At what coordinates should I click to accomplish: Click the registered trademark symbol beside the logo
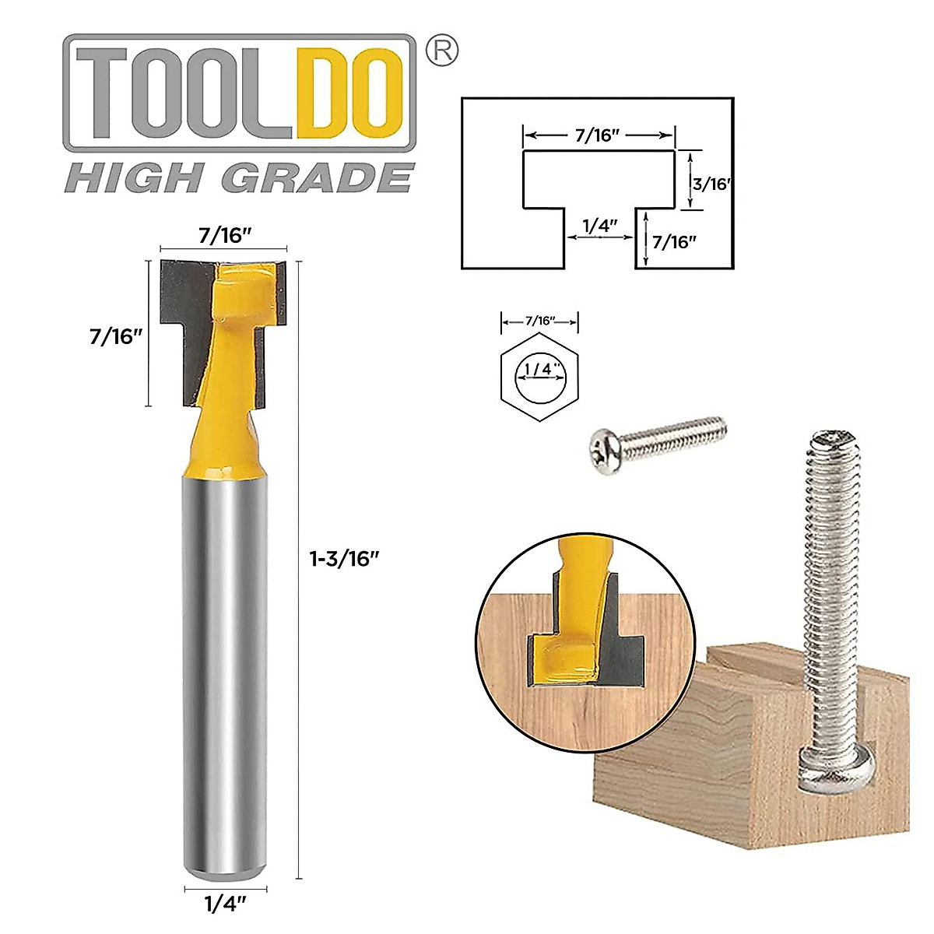click(x=443, y=51)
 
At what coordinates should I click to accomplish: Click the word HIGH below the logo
click(x=133, y=178)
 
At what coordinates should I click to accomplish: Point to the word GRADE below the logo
click(x=318, y=178)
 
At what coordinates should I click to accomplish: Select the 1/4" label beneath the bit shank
click(x=226, y=904)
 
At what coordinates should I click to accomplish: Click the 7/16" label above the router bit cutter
click(x=225, y=234)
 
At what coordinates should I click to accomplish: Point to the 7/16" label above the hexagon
click(x=540, y=321)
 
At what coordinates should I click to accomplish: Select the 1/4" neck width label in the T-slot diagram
click(x=599, y=226)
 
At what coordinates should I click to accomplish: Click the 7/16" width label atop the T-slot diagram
click(x=598, y=135)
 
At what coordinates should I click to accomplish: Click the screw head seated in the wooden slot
click(x=839, y=769)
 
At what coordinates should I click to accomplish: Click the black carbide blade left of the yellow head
click(x=185, y=296)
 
